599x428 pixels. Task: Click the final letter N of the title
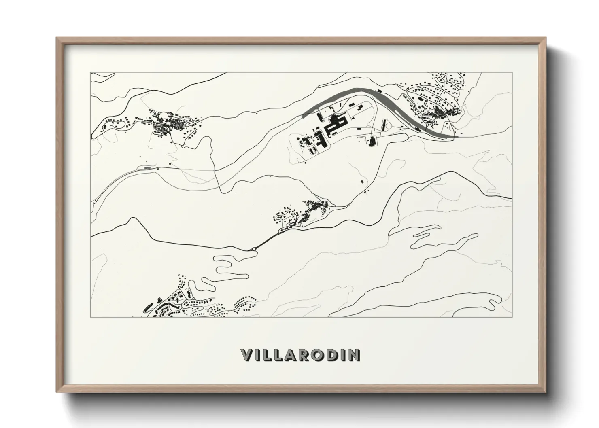click(354, 355)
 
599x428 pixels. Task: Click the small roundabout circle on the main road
click(254, 249)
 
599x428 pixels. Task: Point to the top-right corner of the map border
click(512, 72)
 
